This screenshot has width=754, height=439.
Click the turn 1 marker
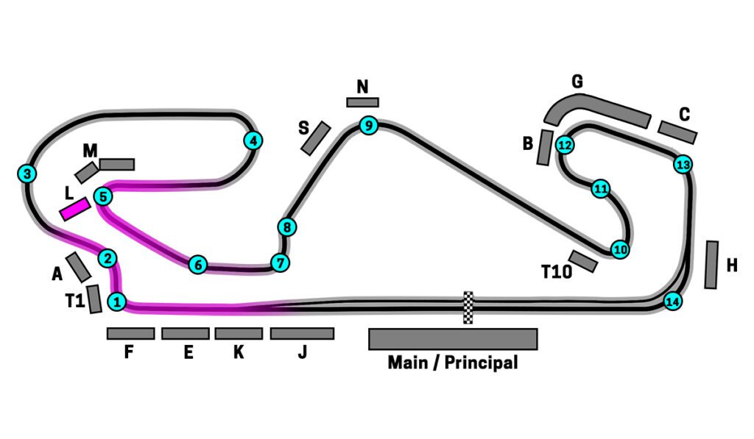tap(116, 301)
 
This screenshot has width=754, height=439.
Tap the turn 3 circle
tap(27, 174)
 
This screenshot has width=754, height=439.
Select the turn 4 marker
tap(253, 140)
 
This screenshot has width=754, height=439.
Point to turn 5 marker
tap(103, 196)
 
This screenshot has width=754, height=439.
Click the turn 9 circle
tap(369, 126)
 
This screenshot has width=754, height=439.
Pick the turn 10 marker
tap(620, 250)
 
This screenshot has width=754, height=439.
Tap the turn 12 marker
tap(565, 145)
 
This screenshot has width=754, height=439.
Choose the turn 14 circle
tap(672, 301)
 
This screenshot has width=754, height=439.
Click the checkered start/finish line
tap(468, 307)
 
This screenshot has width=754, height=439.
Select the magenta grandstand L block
tap(74, 209)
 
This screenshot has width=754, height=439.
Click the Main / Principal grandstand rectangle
tap(453, 339)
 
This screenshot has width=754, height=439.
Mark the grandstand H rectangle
tap(711, 265)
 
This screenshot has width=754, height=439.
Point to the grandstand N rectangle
tap(362, 102)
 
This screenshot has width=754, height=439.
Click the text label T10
tap(557, 272)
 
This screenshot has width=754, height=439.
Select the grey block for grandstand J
tap(302, 334)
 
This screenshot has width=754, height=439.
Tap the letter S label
tap(303, 128)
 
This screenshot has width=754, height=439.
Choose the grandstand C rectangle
tap(677, 132)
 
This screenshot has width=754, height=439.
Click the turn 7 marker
tap(278, 263)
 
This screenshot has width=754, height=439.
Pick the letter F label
tap(128, 353)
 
